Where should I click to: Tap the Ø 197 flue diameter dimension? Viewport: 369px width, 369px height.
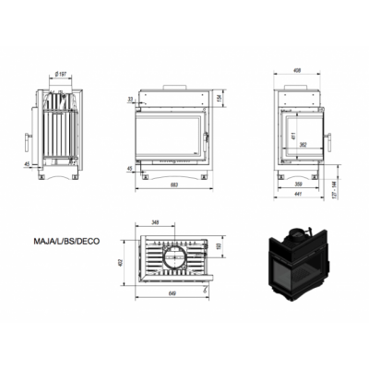(60, 75)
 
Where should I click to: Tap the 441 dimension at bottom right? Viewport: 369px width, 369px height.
(296, 196)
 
